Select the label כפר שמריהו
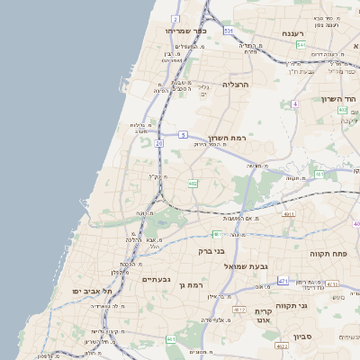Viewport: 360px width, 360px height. pos(186,30)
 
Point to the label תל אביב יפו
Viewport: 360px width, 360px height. pos(94,292)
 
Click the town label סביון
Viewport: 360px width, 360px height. pos(328,346)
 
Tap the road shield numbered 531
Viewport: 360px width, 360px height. pos(229,31)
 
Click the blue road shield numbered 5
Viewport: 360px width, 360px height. pos(183,134)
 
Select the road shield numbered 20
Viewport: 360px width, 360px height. pos(159,142)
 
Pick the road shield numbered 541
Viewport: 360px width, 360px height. pos(301,44)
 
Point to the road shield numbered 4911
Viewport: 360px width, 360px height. pos(288,214)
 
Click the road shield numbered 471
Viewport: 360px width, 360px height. pos(283,281)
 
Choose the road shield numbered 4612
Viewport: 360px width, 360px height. pos(239,309)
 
